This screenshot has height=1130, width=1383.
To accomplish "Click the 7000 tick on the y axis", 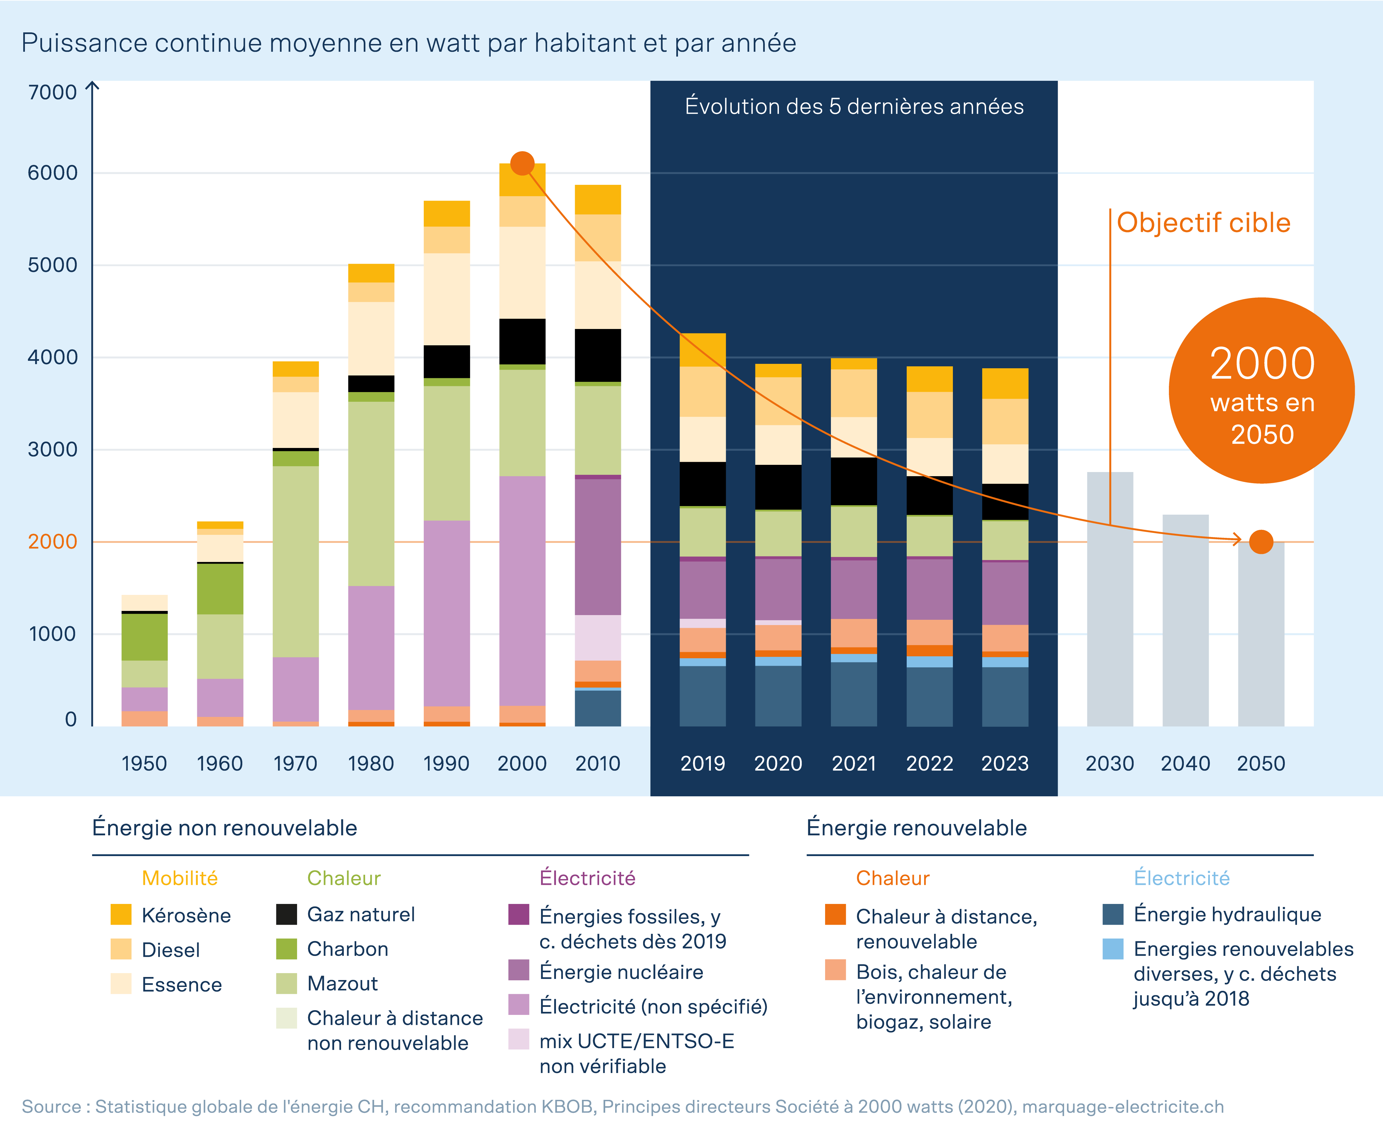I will pos(52,92).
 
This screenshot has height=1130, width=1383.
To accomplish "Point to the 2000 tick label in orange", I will pos(52,541).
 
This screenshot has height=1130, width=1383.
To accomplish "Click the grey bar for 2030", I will pos(1110,599).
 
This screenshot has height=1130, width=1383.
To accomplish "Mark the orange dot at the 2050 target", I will pos(1261,541).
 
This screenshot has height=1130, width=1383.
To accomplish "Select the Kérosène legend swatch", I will pos(121,914).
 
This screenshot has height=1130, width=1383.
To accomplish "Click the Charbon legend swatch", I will pos(286,948).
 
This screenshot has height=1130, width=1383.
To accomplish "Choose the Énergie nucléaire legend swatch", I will pos(519,970).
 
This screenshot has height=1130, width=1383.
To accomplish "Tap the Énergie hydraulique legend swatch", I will pos(1113,914).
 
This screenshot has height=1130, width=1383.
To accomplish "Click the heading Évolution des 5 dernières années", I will pos(854,106).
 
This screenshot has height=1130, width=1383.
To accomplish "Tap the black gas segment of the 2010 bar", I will pos(597,355).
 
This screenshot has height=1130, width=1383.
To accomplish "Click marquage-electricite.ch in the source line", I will pos(1123,1106).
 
